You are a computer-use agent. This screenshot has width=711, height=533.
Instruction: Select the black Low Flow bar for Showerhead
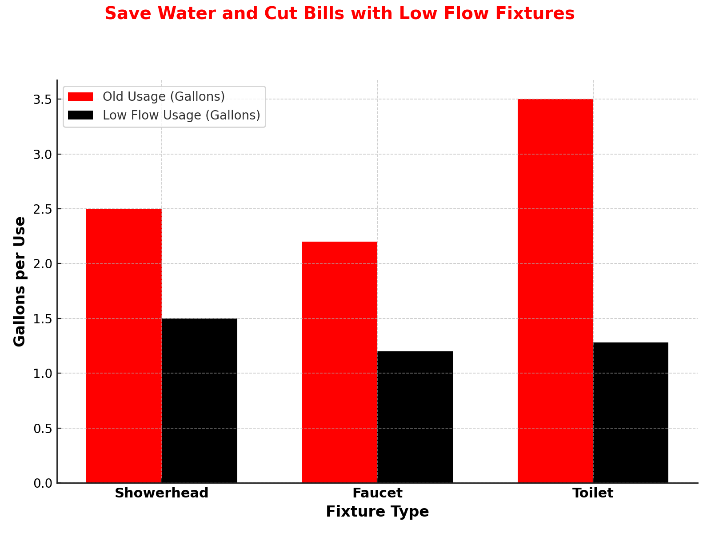(x=199, y=400)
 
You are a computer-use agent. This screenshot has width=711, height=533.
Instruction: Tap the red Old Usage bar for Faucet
(x=339, y=362)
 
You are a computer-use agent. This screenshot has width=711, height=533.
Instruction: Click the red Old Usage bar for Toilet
(x=555, y=291)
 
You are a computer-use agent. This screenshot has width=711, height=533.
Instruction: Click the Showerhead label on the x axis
(x=161, y=493)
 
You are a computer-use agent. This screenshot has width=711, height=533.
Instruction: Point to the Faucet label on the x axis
(x=377, y=493)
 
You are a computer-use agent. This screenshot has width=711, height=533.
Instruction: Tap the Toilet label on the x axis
(x=593, y=493)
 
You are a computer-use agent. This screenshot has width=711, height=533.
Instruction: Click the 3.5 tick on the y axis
(x=43, y=99)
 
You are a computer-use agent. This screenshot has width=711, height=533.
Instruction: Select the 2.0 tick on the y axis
(x=43, y=264)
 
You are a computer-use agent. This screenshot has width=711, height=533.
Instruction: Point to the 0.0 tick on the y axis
(x=43, y=483)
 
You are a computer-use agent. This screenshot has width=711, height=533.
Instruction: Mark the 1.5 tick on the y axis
(x=43, y=318)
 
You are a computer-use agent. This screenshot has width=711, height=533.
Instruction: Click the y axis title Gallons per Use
(x=20, y=282)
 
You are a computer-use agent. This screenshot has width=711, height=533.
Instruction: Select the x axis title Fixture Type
(x=377, y=512)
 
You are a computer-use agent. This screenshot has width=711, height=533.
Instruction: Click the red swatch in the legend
(x=80, y=97)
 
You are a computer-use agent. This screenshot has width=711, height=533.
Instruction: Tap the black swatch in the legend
(x=80, y=115)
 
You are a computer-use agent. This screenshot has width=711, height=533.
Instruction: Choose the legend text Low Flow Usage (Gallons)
(x=181, y=115)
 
